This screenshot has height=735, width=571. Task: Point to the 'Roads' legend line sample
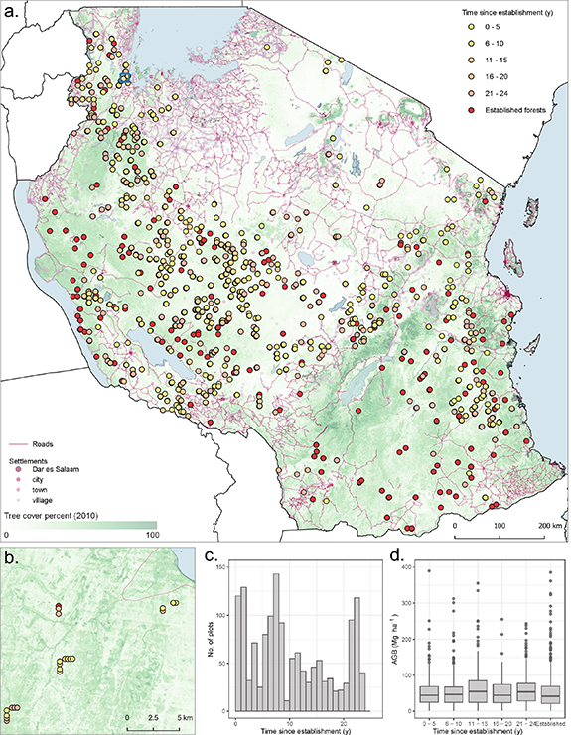17,445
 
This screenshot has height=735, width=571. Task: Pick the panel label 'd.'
396,554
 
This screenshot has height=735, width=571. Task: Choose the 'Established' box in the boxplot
550,693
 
